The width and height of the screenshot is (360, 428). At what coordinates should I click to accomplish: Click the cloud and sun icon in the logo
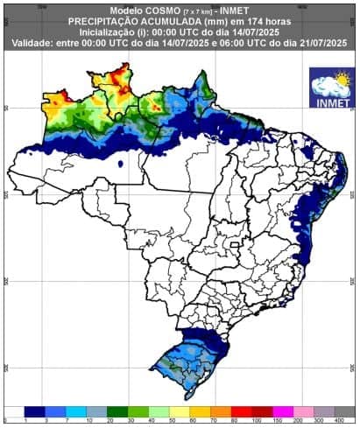[328, 85]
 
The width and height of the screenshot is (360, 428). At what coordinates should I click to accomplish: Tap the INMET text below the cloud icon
[328, 101]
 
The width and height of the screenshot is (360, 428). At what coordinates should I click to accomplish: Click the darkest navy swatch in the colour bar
[34, 410]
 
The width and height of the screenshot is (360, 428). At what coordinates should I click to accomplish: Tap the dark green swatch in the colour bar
[117, 410]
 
